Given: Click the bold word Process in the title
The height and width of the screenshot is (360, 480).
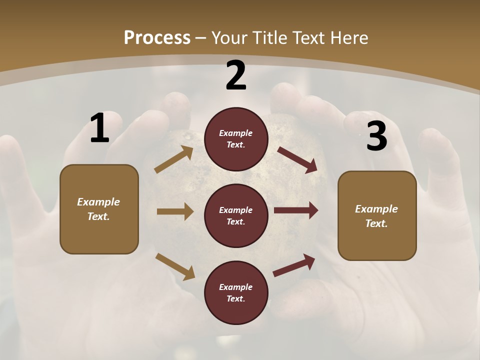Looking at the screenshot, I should point(157,38).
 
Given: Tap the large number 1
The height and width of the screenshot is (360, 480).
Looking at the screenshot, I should point(99,128).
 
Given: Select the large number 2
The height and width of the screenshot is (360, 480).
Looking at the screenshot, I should point(236,75).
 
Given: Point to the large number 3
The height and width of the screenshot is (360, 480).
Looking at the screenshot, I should point(376,136).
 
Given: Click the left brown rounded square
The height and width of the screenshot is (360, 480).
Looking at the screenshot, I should point(99,209).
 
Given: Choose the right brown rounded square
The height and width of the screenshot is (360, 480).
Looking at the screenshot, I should point(377,215).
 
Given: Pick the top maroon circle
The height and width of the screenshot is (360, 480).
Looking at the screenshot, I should point(236,139).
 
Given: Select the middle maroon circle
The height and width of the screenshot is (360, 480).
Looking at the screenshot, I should point(236,215).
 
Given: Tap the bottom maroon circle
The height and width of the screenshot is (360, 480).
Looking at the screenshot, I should point(236,292).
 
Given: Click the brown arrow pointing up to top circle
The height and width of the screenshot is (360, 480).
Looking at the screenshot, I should point(174,159).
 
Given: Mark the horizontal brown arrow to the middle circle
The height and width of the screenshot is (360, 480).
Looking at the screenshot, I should point(174,211).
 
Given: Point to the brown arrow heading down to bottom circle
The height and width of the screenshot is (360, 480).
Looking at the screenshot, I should point(175,266).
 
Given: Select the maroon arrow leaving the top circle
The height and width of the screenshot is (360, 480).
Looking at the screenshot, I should point(297,159).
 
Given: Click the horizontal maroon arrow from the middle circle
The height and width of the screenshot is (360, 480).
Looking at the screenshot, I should point(295,210).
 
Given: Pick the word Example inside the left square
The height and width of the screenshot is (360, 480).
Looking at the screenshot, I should point(98,202).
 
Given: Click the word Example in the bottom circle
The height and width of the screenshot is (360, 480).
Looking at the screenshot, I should point(236,287).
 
